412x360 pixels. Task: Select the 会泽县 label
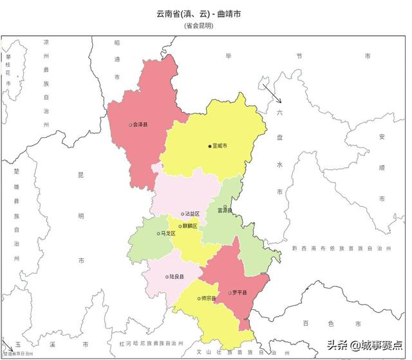[140, 124]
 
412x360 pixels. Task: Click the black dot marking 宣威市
[209, 146]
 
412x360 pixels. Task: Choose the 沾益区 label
[192, 213]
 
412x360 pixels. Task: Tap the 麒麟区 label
[189, 226]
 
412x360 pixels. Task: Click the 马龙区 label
[169, 234]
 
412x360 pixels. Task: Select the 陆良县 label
[176, 278]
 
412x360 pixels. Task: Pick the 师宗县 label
[208, 299]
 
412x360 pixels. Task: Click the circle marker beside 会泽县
[130, 125]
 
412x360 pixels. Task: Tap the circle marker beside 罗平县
[230, 294]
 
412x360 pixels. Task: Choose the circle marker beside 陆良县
[165, 278]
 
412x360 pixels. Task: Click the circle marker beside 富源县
[225, 207]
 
